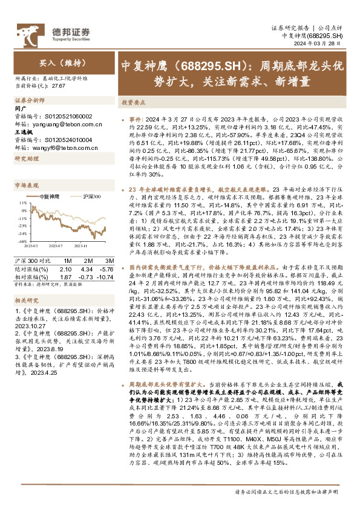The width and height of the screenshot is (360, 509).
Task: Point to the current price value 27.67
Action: pos(59,86)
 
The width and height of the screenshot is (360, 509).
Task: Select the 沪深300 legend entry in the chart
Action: pos(92,196)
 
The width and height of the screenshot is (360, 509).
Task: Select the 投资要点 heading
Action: pos(134,103)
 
